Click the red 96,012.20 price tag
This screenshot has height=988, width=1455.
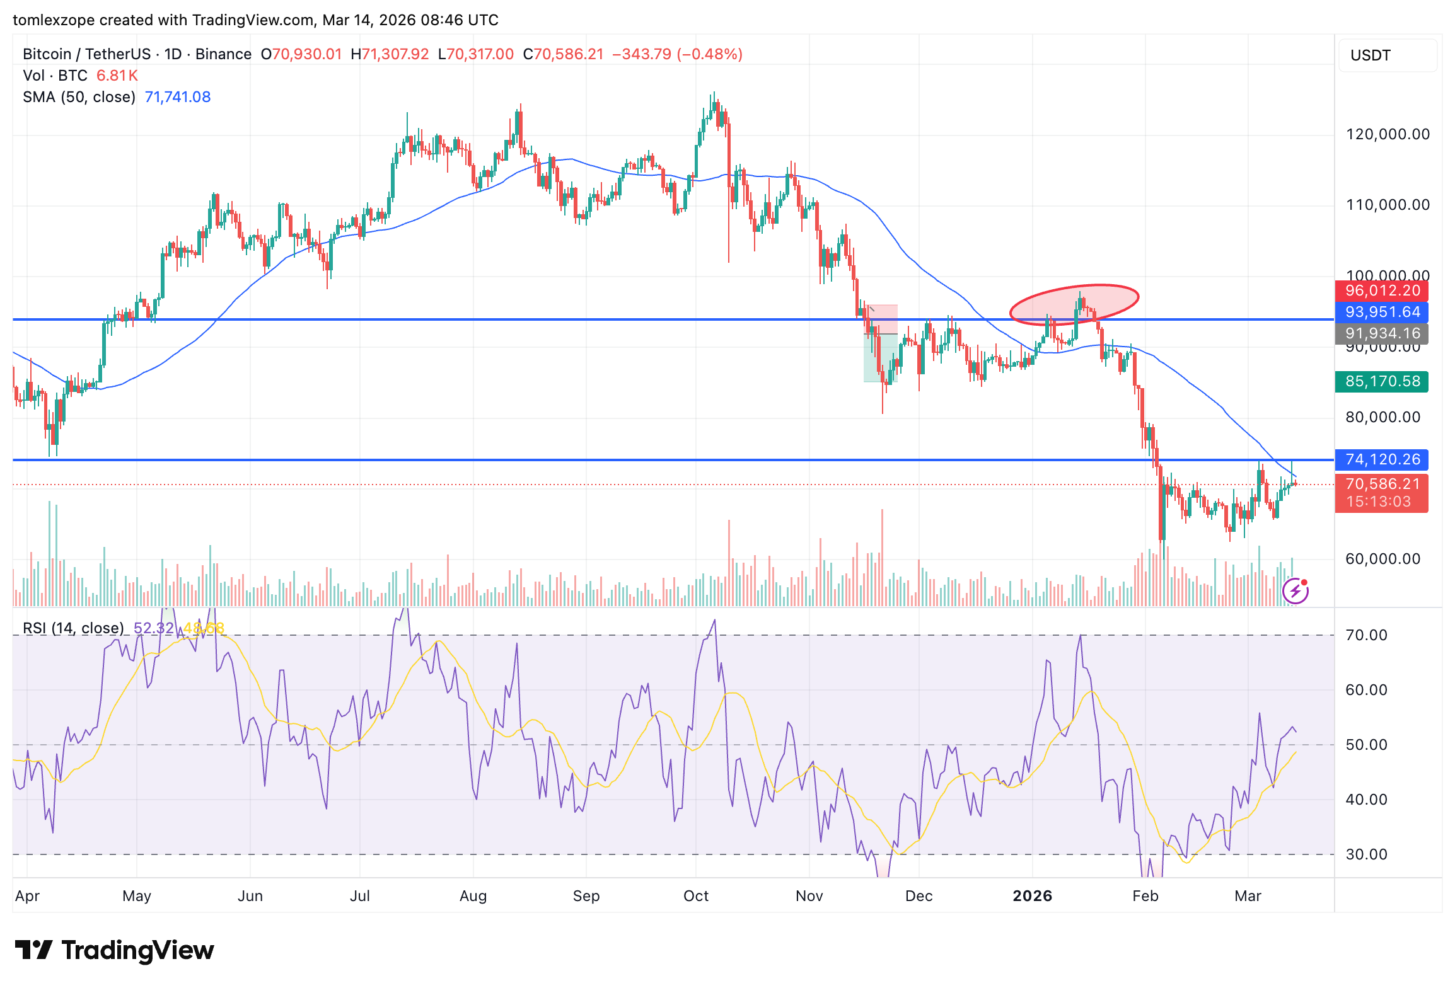point(1381,290)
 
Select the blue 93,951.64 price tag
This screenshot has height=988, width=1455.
point(1381,312)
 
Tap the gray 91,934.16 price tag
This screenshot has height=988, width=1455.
point(1381,333)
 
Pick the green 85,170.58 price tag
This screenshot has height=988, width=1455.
point(1381,381)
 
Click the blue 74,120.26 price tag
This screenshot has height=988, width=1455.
point(1381,459)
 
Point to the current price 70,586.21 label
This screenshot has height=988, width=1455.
point(1381,484)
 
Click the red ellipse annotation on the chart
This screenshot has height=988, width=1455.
point(1074,304)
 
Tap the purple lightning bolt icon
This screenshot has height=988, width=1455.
point(1296,591)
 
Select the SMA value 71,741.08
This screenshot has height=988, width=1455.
point(178,97)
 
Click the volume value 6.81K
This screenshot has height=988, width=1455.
point(117,76)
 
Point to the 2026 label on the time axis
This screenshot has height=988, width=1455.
point(1032,896)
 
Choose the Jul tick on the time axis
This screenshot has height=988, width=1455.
point(359,896)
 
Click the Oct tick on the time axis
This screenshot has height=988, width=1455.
point(696,896)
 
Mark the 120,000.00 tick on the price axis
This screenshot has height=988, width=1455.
point(1388,134)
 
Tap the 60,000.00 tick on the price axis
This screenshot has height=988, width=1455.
point(1383,559)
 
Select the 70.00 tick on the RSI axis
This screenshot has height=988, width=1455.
point(1366,635)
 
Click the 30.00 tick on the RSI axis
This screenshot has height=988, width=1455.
point(1366,854)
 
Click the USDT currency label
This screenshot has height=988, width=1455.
point(1371,55)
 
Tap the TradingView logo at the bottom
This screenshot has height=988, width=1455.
point(115,950)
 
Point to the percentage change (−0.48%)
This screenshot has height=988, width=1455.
point(709,54)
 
